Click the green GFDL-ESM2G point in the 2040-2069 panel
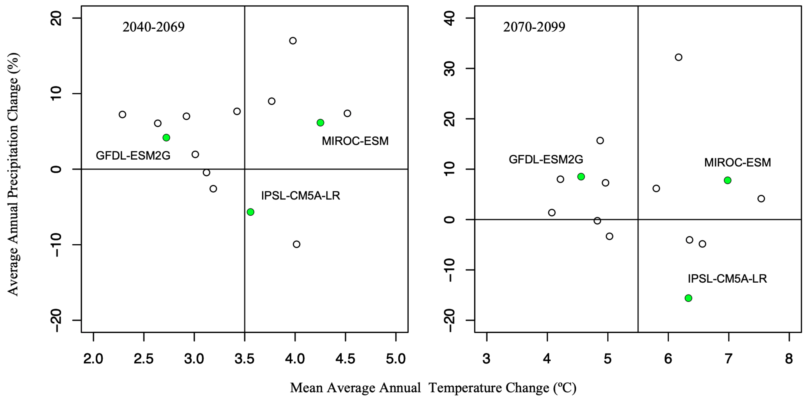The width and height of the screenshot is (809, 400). pyautogui.click(x=166, y=137)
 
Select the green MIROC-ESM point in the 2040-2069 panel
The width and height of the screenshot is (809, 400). pyautogui.click(x=320, y=123)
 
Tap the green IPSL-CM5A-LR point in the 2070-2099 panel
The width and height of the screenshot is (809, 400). pyautogui.click(x=688, y=298)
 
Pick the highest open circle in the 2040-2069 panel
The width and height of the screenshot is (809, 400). pyautogui.click(x=293, y=41)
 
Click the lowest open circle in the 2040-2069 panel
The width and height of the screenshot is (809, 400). pyautogui.click(x=297, y=244)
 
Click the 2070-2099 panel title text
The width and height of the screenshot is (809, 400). pyautogui.click(x=534, y=27)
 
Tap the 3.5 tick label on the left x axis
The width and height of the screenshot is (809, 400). pyautogui.click(x=244, y=359)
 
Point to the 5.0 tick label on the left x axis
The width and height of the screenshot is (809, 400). pyautogui.click(x=396, y=359)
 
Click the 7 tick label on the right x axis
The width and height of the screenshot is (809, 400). pyautogui.click(x=728, y=359)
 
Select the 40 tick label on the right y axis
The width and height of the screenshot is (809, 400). pyautogui.click(x=451, y=19)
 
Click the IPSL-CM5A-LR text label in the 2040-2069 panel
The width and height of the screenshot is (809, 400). pyautogui.click(x=301, y=196)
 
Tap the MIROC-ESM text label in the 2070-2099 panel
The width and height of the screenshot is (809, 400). pyautogui.click(x=737, y=162)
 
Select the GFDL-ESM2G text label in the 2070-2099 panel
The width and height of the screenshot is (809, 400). pyautogui.click(x=546, y=159)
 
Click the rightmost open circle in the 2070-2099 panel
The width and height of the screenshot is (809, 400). pyautogui.click(x=761, y=199)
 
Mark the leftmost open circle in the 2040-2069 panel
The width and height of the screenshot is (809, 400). pyautogui.click(x=123, y=115)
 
